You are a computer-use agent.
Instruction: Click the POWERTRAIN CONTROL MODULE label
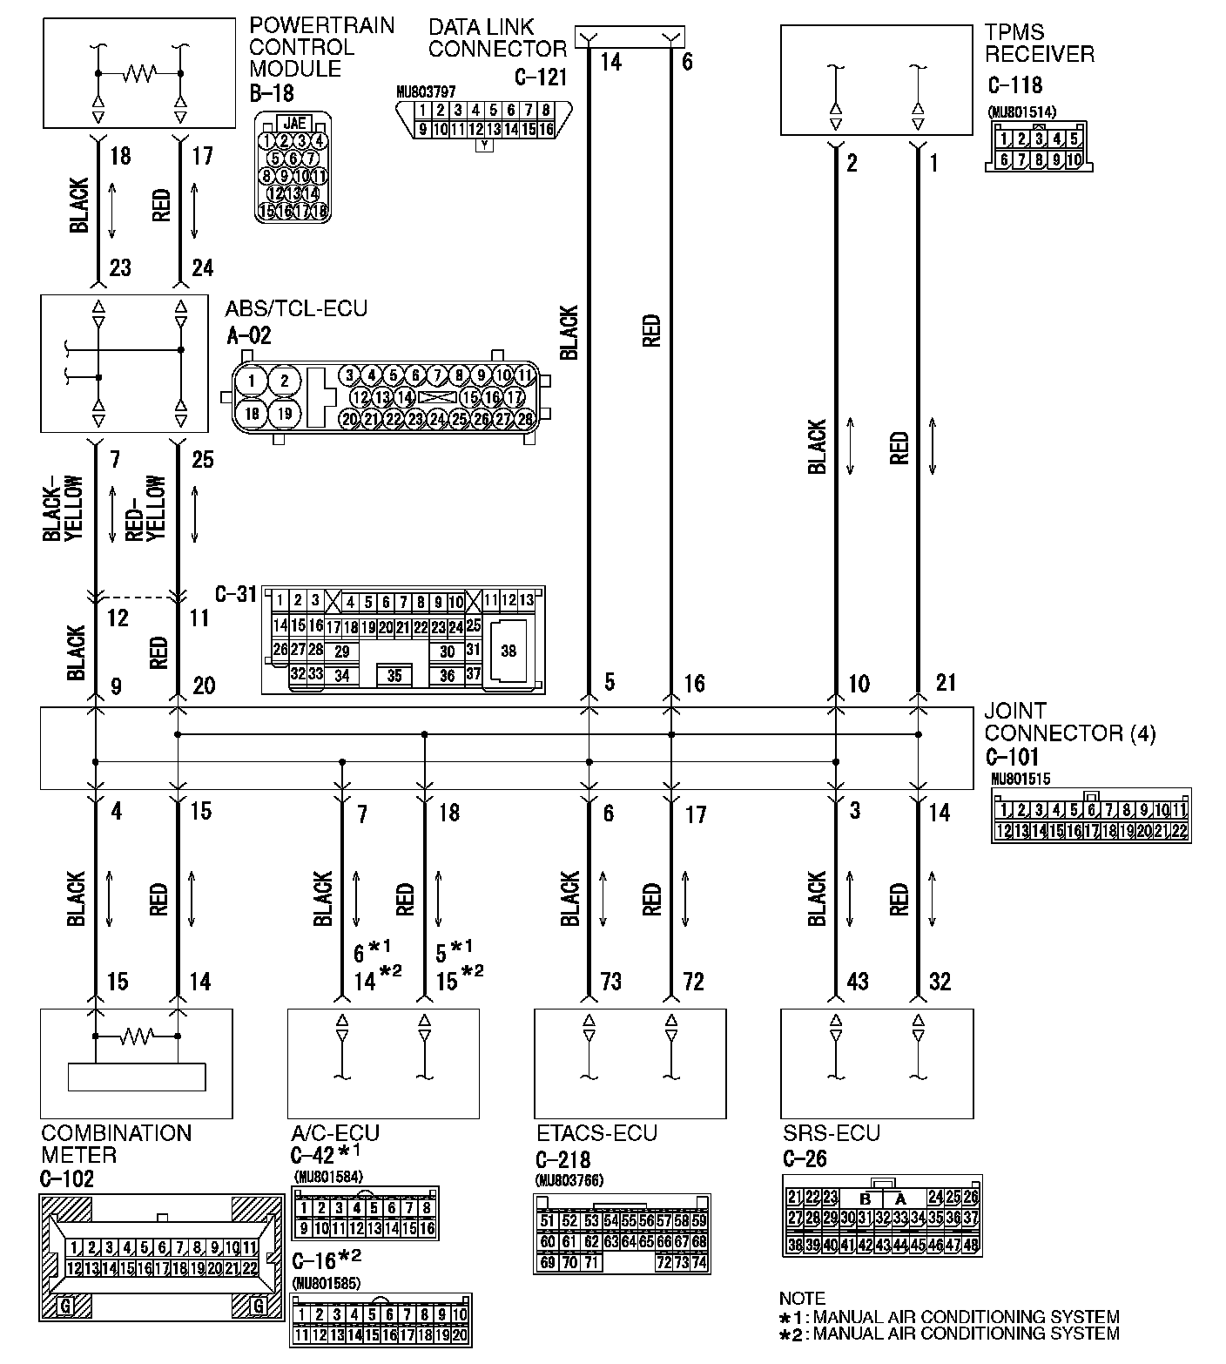[x=320, y=47]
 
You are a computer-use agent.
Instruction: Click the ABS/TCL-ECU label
[x=296, y=309]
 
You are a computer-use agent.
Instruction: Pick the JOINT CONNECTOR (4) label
[x=1069, y=722]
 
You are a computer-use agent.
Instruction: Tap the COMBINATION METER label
[x=116, y=1145]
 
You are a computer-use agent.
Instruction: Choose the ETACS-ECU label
[x=596, y=1133]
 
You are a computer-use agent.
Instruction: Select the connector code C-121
[x=540, y=78]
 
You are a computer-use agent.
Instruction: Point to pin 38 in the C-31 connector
[x=509, y=651]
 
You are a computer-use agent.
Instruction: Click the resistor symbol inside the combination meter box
[x=137, y=1037]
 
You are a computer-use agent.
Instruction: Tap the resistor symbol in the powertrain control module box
[x=139, y=73]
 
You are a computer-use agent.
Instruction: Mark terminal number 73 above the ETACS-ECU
[x=611, y=982]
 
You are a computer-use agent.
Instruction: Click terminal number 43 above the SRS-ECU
[x=858, y=982]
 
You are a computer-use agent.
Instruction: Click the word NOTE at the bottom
[x=802, y=1299]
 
